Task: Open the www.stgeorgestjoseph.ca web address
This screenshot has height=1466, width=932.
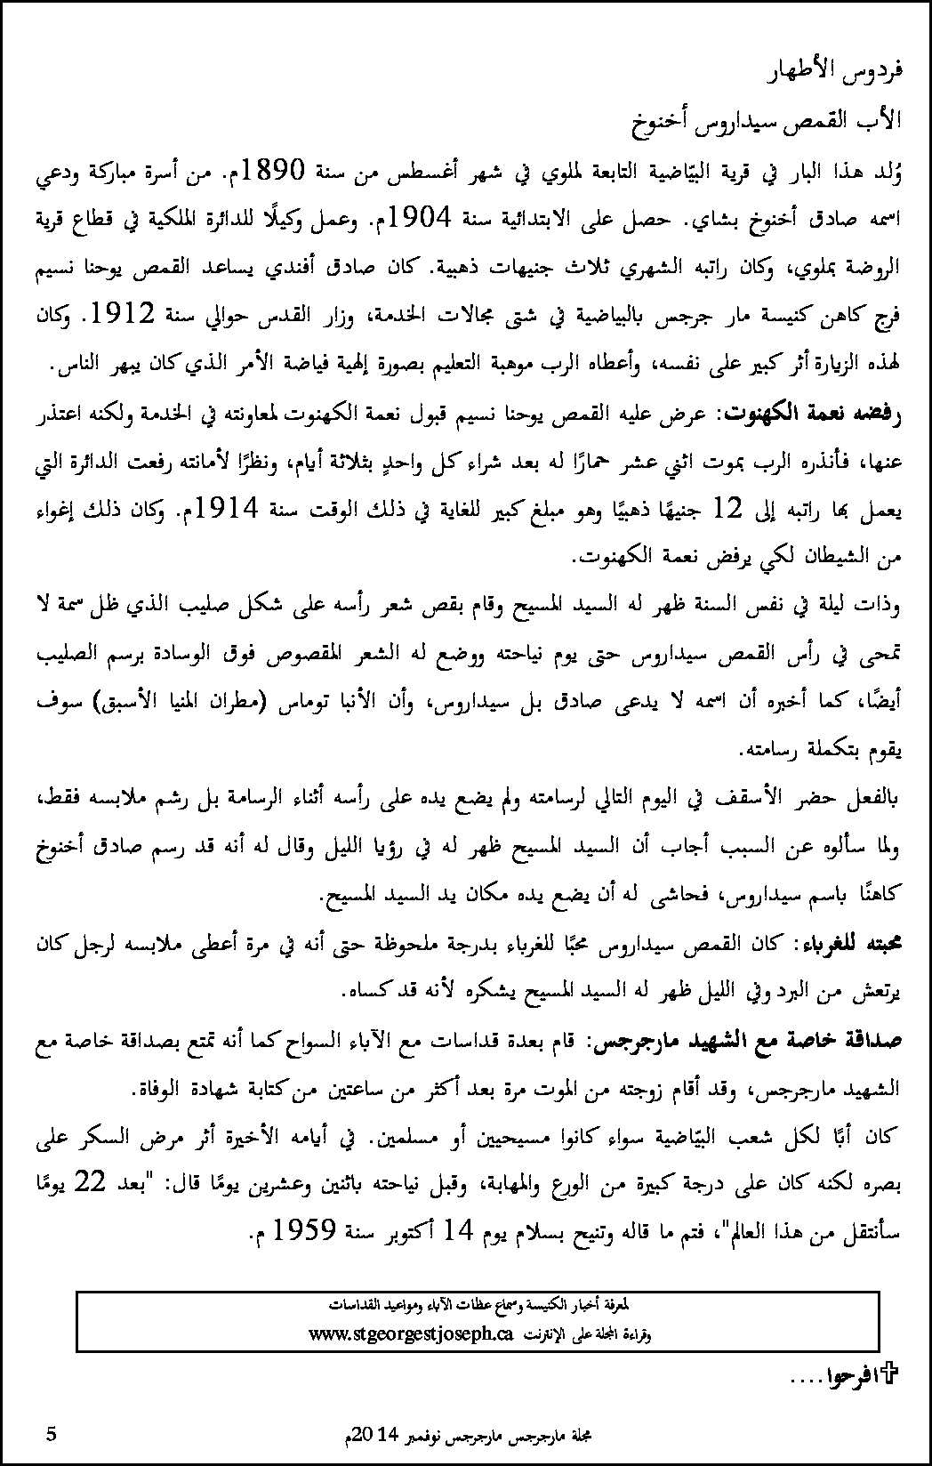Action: (x=413, y=1333)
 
